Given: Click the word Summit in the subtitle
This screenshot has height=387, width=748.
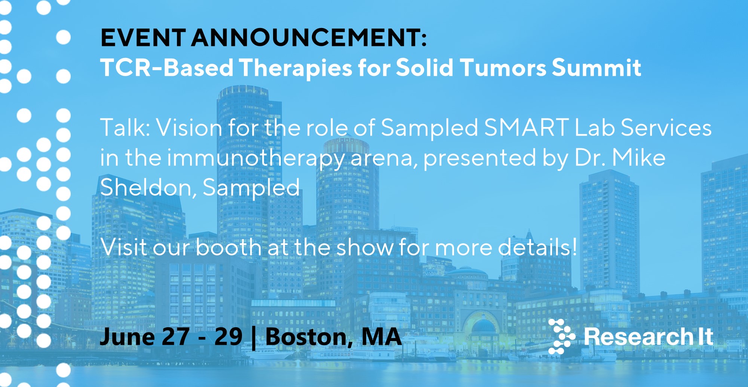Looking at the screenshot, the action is (597, 68).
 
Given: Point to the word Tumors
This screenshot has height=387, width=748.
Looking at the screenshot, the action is (503, 68).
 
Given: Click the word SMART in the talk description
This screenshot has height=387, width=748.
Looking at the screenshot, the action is (527, 127).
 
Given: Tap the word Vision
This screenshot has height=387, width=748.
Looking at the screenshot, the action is (189, 127).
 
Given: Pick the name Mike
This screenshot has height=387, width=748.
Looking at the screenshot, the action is (639, 157).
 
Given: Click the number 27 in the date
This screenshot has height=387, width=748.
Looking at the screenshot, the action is (175, 337).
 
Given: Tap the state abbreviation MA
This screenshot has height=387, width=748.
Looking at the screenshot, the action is (381, 337).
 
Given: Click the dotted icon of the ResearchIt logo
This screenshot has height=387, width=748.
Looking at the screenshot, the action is (561, 337).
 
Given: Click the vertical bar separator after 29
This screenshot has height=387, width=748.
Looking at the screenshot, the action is (254, 338).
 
